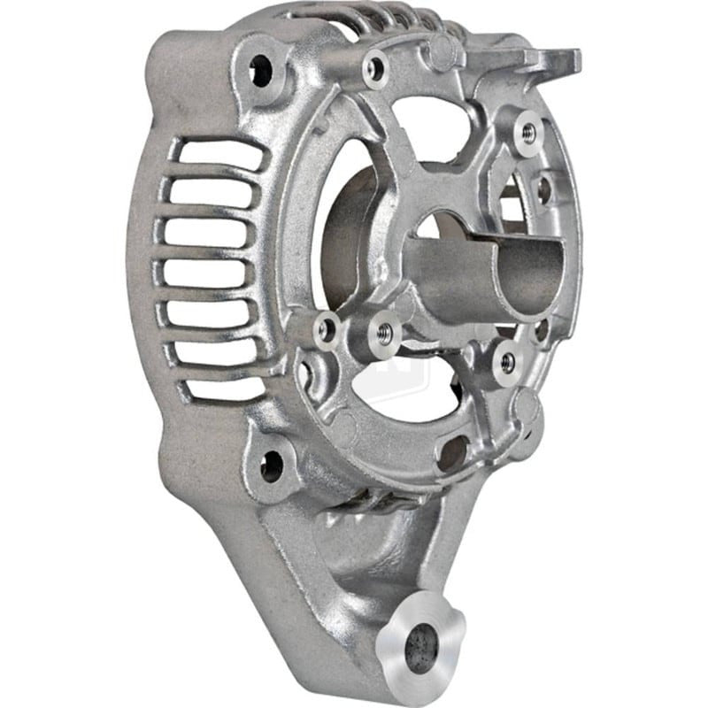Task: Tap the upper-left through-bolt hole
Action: [263, 70]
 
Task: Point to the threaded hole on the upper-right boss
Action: [528, 132]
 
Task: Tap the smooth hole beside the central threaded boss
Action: [327, 330]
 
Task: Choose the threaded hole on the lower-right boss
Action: [507, 361]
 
